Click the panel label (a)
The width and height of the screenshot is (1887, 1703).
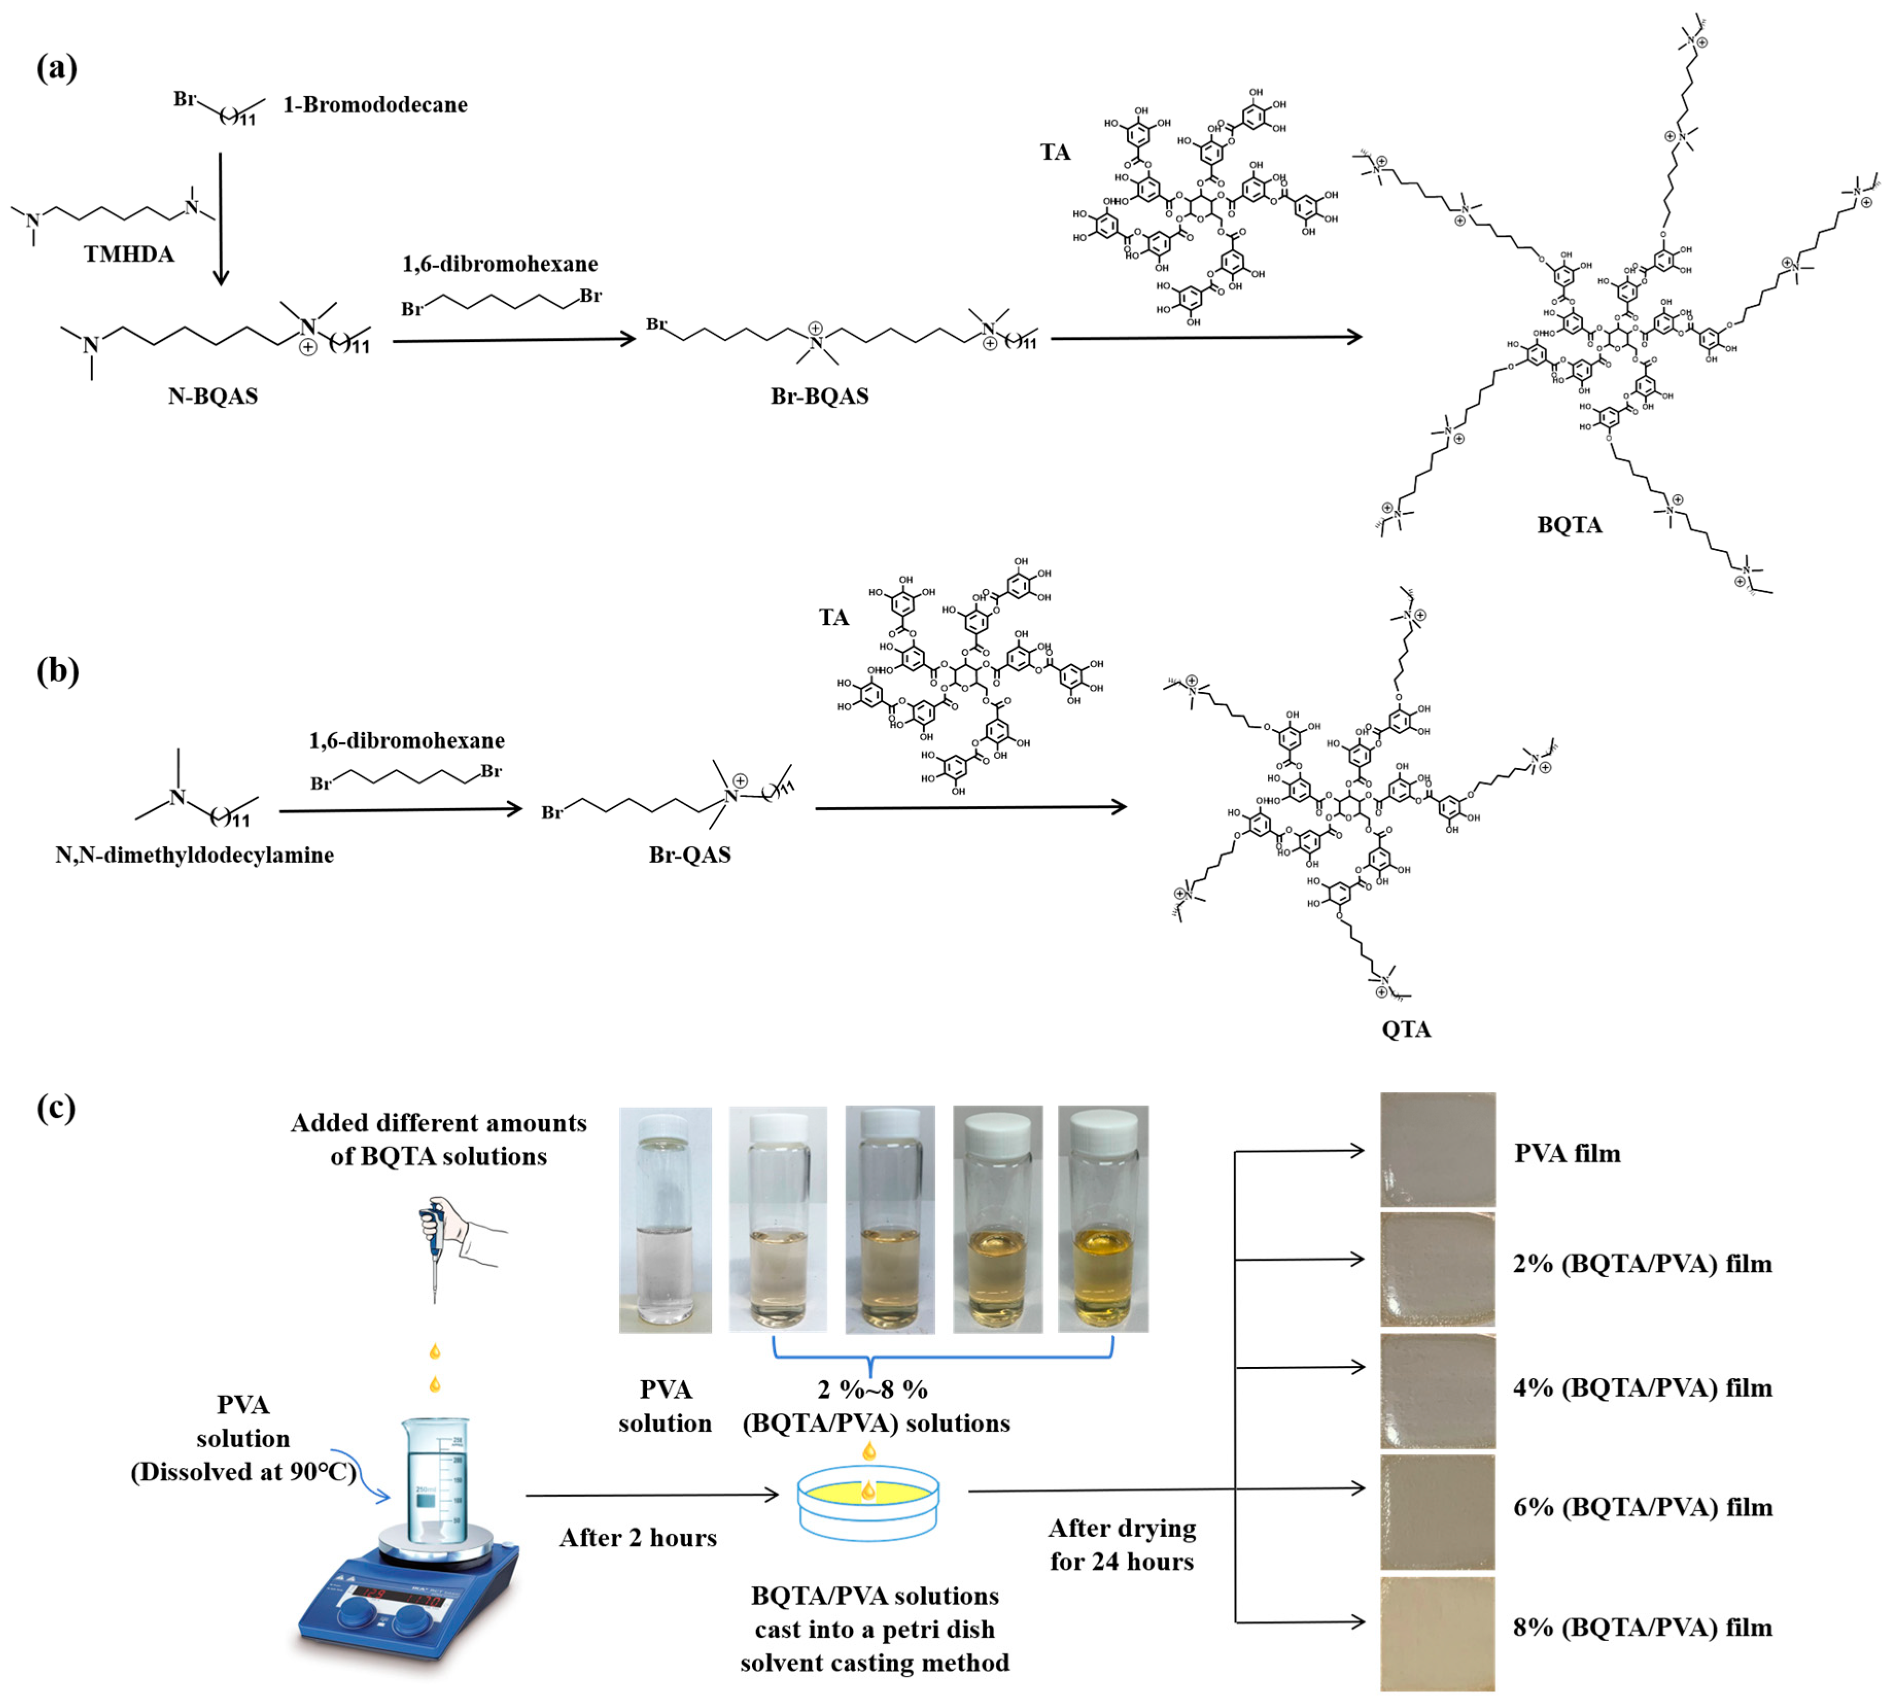56,68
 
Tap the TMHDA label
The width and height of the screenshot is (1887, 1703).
129,254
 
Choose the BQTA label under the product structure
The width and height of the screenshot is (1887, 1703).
1569,526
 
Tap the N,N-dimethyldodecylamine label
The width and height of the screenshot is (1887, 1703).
195,855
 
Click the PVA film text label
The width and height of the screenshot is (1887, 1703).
1567,1154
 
